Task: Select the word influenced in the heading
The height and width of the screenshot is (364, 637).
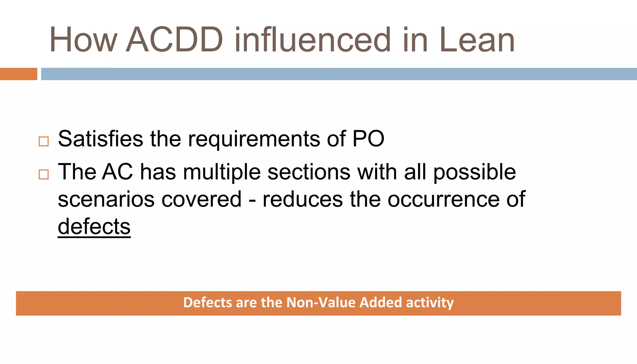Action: click(x=312, y=40)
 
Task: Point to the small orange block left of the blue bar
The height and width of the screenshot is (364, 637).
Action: click(x=18, y=74)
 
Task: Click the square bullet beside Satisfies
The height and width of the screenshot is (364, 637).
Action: click(x=44, y=142)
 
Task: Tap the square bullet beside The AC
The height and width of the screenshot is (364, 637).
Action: click(x=44, y=174)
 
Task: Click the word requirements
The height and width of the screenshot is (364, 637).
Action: click(x=254, y=139)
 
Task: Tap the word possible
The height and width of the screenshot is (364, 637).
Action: click(x=474, y=172)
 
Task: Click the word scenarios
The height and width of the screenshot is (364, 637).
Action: click(x=106, y=199)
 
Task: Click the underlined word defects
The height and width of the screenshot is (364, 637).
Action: click(x=94, y=226)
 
